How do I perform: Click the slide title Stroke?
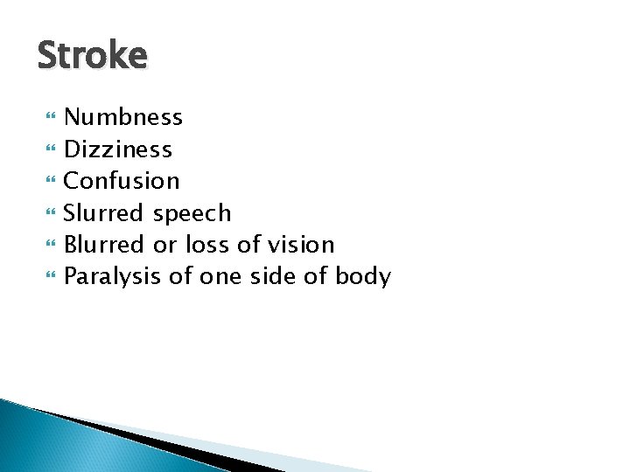coord(93,56)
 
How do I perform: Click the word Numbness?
coord(123,117)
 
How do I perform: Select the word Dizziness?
coord(118,149)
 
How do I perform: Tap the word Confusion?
coord(122,181)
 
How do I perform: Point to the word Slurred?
coord(104,213)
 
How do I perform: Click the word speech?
coord(192,213)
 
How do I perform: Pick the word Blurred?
coord(104,245)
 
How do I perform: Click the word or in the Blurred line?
coord(164,246)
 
